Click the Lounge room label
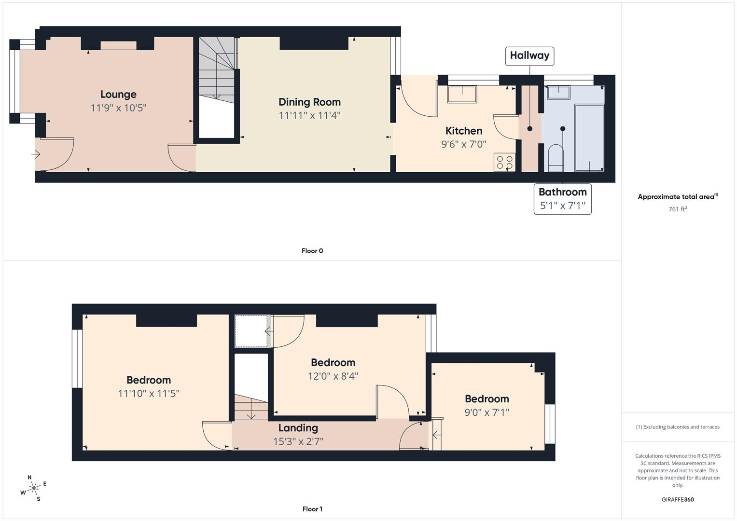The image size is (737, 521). click(118, 95)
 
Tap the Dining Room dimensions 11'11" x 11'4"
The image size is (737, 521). click(309, 115)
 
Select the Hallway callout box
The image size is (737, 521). click(529, 56)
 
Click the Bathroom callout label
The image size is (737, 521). click(563, 192)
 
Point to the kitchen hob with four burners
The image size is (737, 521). click(504, 162)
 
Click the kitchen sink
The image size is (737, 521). click(462, 95)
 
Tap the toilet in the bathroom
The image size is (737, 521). click(556, 158)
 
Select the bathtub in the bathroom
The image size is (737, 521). click(589, 137)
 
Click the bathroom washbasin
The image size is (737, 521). click(559, 93)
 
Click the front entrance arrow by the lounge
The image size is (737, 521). click(36, 154)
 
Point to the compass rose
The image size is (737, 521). click(33, 488)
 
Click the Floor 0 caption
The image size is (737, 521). click(312, 251)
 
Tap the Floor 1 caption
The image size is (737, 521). click(312, 509)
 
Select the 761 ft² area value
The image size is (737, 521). click(678, 209)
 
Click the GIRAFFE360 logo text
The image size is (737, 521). click(678, 499)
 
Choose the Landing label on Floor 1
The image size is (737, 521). click(298, 428)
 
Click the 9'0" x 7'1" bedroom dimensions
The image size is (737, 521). click(487, 412)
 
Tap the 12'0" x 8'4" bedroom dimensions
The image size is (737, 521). click(333, 376)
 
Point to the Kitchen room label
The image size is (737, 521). click(464, 131)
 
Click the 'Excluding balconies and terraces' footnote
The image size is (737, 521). click(678, 427)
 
